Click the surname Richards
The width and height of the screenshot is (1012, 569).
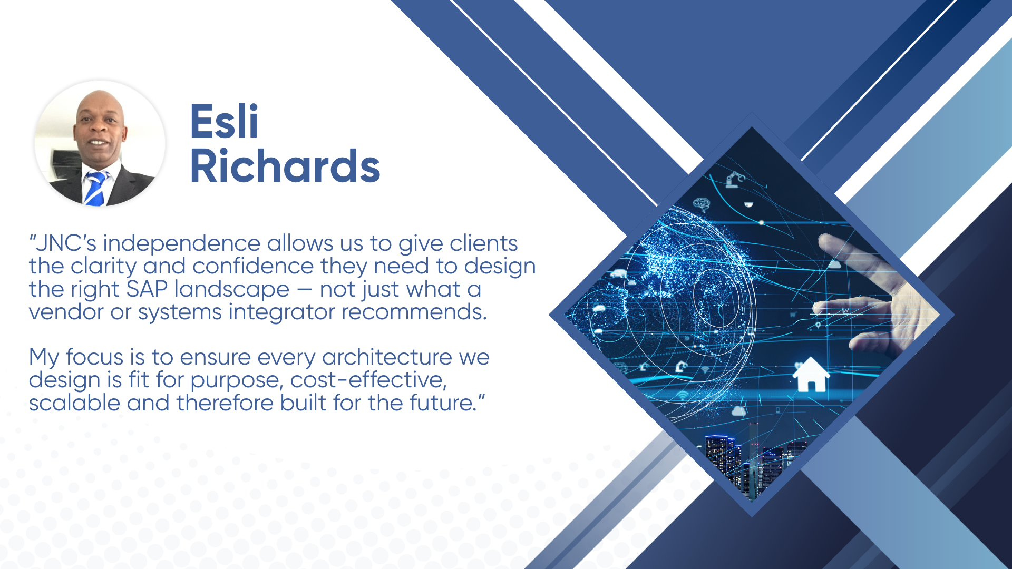point(285,166)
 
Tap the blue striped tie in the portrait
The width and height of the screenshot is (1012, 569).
point(95,189)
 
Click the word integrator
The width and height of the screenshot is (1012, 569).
point(282,312)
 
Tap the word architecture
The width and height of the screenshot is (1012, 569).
point(387,357)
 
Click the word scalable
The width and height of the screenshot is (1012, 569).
point(75,403)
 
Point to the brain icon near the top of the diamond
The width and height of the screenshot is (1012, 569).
point(702,204)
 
